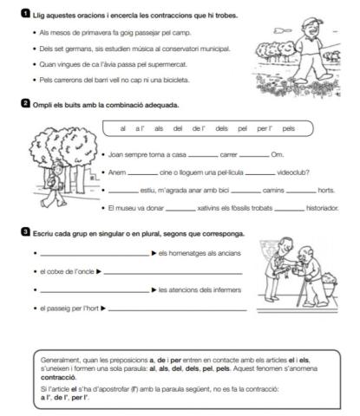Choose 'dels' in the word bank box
220,128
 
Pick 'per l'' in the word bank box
264,128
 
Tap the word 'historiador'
322,208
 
